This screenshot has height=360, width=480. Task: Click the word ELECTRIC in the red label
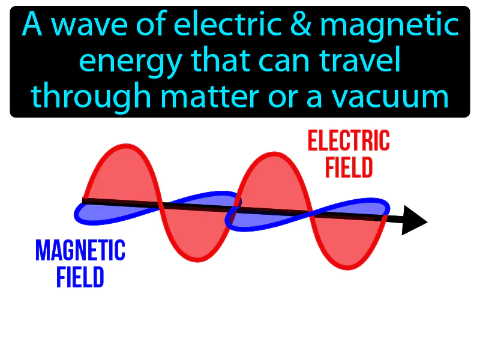pyautogui.click(x=349, y=142)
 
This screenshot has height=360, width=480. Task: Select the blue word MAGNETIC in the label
pyautogui.click(x=80, y=250)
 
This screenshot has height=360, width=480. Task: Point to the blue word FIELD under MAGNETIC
pyautogui.click(x=80, y=277)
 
